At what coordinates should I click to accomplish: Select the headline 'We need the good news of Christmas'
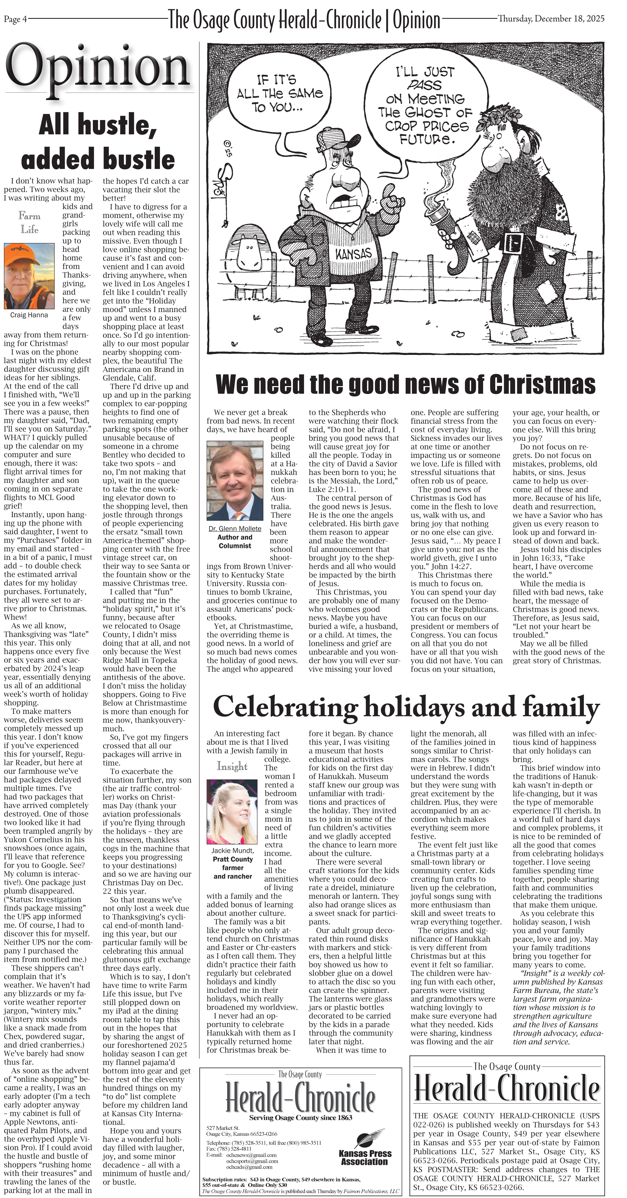coord(405,385)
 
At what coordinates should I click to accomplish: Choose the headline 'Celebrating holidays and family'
coord(406,707)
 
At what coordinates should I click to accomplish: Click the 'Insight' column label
coord(232,766)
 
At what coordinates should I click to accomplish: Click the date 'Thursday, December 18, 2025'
coord(551,19)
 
